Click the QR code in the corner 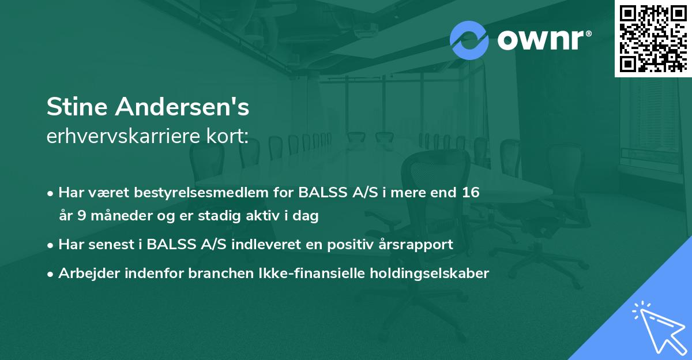pos(653,38)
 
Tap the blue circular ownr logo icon pos(469,40)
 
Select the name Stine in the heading pos(74,107)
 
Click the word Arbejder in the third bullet pos(85,273)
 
